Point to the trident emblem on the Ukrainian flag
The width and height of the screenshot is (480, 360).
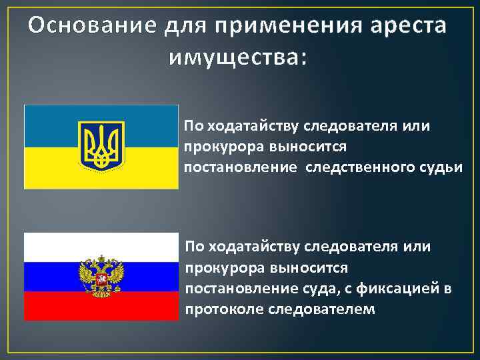click(x=102, y=145)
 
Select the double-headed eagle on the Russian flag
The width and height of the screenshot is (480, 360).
click(x=101, y=274)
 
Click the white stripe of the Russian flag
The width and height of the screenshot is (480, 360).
click(x=53, y=247)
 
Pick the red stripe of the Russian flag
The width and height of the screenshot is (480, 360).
click(x=53, y=306)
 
